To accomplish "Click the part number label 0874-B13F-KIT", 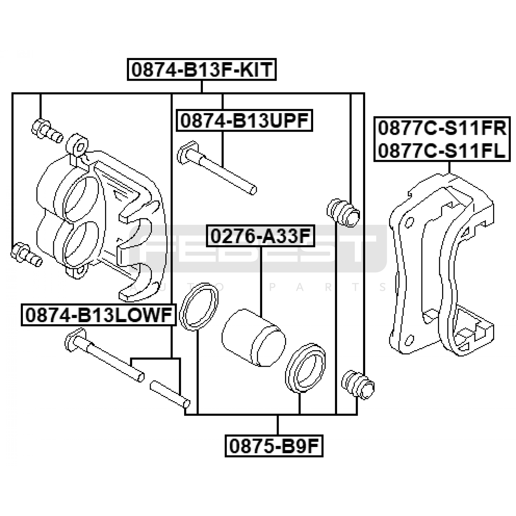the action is click(x=202, y=69).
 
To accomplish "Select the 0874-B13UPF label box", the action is click(x=244, y=121).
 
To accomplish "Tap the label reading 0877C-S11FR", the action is click(x=442, y=128).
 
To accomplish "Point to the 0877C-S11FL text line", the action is click(x=442, y=150).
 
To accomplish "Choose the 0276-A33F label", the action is click(x=261, y=236).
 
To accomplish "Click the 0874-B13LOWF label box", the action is click(x=99, y=315).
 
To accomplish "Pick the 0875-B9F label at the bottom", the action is click(x=274, y=446).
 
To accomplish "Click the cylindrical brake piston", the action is click(x=253, y=337).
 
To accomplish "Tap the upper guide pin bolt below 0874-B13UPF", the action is click(x=217, y=167).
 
